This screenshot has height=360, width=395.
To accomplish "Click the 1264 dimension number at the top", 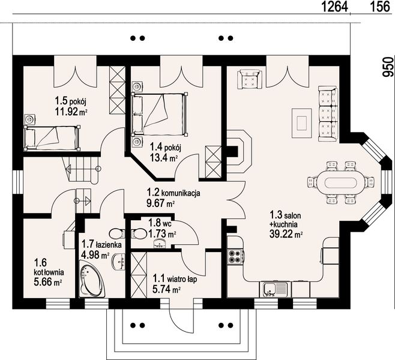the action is click(x=335, y=7).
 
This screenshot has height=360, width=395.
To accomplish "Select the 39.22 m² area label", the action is click(x=286, y=234).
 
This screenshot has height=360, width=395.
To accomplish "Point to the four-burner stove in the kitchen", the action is click(x=236, y=256).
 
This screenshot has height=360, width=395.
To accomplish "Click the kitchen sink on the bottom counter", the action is click(x=275, y=289).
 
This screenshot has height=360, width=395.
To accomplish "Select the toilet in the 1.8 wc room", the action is click(x=138, y=233).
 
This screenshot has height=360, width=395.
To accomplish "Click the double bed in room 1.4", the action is click(x=160, y=115).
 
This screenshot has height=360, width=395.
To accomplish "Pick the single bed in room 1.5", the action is click(x=52, y=138).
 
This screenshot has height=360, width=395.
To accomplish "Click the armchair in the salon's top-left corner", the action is click(x=250, y=79).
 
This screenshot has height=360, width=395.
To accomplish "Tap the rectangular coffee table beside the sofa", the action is click(x=302, y=123).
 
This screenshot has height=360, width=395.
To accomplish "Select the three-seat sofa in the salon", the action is click(x=328, y=113).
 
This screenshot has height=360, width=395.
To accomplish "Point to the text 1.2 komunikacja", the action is click(x=173, y=193).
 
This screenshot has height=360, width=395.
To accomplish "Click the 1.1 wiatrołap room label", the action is click(x=175, y=279).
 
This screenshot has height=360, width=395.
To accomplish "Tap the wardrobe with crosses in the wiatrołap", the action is click(x=139, y=275).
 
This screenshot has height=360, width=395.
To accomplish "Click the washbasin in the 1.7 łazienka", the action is click(x=118, y=262).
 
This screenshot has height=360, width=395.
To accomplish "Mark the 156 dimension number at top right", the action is click(x=379, y=7).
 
